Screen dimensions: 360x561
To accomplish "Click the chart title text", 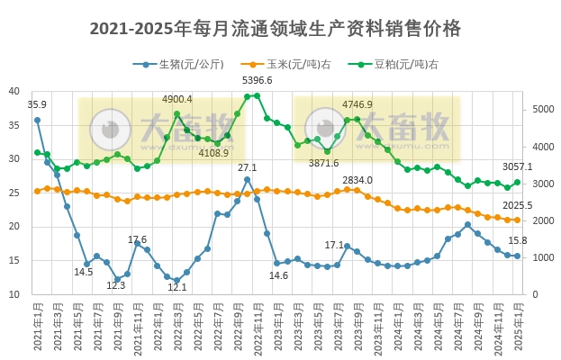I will (276, 29).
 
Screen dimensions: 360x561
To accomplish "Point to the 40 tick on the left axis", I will (15, 91).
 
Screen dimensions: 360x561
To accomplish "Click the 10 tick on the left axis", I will (15, 294).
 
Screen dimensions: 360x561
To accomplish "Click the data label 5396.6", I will (258, 81).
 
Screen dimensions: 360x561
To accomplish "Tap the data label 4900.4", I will (176, 99).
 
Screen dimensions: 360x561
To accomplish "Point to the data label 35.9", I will (37, 105).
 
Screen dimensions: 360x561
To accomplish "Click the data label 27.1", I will (247, 167).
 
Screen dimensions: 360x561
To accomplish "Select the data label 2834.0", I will (357, 180).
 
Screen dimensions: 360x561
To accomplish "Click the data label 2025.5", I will (517, 206).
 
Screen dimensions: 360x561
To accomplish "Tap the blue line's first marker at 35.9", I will (37, 120).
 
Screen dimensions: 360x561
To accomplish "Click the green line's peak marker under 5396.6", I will (257, 95).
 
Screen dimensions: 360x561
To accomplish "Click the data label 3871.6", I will (323, 163).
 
